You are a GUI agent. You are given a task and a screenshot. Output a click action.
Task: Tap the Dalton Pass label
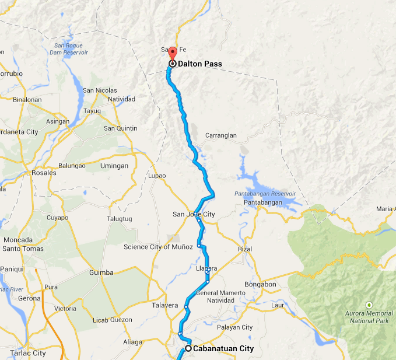point(201,64)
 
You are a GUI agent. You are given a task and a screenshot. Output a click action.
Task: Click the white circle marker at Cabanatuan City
point(188,348)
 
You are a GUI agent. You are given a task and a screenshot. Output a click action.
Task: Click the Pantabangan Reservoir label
point(265,194)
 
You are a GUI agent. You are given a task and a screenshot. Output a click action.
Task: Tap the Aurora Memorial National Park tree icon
point(369,305)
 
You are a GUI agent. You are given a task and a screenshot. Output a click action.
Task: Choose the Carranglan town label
point(221,135)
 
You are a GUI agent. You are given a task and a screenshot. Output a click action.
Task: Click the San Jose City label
point(193,214)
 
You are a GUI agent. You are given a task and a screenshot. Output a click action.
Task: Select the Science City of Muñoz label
point(158,247)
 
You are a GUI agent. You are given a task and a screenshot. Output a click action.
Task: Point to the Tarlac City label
point(27,353)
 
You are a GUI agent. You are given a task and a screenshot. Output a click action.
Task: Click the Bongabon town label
point(260,284)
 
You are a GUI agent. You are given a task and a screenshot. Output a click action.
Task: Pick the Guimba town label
point(101,272)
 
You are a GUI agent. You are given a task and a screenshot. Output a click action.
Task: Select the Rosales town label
point(44,173)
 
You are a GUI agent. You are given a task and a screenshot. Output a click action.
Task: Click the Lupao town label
point(157,176)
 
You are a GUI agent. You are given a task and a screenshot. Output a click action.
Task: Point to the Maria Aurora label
point(386,208)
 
